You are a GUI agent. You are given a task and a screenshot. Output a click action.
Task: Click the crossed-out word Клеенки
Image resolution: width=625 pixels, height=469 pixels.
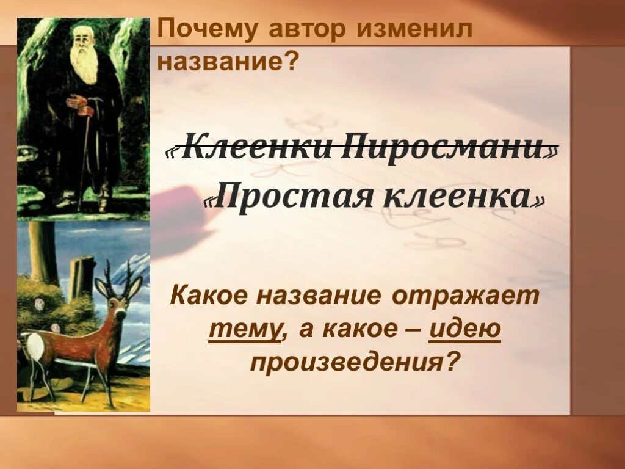click(255, 148)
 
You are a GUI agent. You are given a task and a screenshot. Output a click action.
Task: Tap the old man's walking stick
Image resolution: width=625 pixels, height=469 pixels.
click(83, 159)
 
